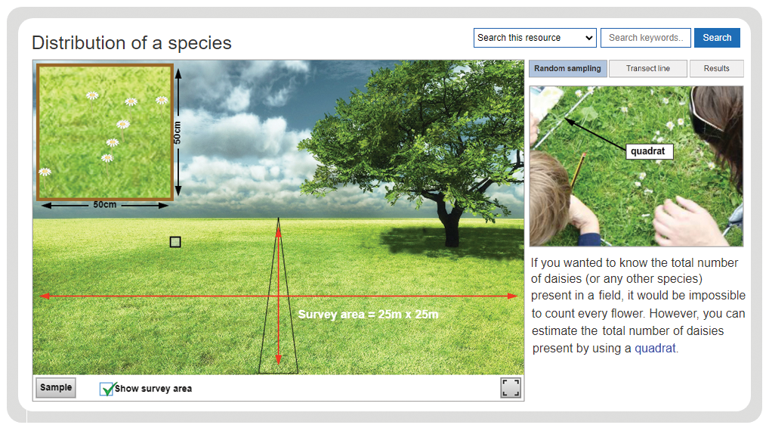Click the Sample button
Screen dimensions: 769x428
56,387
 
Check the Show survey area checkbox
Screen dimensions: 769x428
107,389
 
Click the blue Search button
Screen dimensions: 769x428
717,38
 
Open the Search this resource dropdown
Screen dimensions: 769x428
535,38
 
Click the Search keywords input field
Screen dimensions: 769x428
645,38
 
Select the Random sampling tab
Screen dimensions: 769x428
567,68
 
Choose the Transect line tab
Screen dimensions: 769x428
648,68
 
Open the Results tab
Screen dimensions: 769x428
717,68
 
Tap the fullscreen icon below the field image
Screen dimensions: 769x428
511,388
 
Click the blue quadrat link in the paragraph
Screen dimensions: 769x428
655,348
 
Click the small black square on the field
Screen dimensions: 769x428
175,242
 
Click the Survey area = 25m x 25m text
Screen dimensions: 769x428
369,315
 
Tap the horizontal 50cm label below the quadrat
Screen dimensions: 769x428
105,205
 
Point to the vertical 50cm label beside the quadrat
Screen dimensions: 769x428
177,132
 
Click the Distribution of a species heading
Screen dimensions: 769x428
131,42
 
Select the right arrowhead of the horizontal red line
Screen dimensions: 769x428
512,296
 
